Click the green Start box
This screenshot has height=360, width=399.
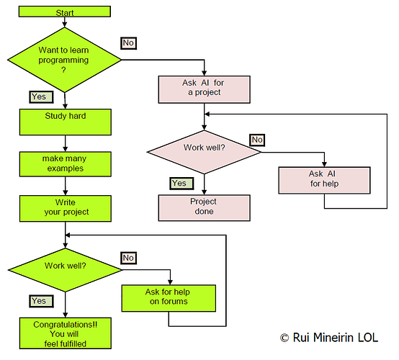click(64, 12)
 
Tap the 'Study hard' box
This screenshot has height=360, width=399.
click(64, 122)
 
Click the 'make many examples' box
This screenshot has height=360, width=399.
click(64, 163)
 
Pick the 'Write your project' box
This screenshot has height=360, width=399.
click(64, 207)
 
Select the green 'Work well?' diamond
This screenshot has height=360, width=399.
click(64, 266)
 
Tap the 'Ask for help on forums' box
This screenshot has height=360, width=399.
click(169, 297)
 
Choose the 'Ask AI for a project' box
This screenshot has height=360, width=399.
click(205, 88)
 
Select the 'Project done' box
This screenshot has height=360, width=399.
click(205, 207)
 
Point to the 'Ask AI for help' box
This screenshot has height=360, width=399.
click(324, 179)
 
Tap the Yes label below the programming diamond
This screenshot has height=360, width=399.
click(39, 96)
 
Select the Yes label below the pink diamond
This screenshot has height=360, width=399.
click(179, 184)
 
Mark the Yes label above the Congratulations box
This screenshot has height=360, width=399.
click(39, 300)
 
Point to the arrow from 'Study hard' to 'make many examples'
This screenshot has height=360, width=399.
click(64, 142)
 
